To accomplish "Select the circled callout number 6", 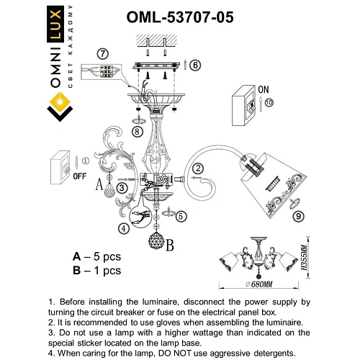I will [197, 64].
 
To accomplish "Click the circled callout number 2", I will [197, 168].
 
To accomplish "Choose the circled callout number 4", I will [124, 229].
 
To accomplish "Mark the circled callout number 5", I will [181, 215].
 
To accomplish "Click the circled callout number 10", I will [269, 104].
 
